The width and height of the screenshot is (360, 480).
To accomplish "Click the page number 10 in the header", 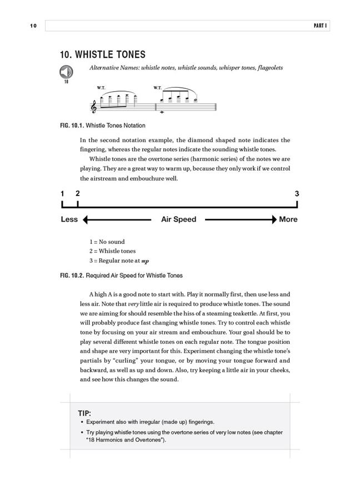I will tap(33, 26).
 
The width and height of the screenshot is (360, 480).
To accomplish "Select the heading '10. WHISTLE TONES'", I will tap(103, 54).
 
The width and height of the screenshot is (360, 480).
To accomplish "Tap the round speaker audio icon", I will tap(66, 72).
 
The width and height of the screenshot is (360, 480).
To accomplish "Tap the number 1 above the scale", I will tap(62, 194).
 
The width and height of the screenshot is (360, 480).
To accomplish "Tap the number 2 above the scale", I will tap(77, 194).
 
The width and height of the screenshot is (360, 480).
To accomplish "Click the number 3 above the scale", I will tap(297, 194).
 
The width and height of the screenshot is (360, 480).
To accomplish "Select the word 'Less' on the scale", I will tap(69, 219).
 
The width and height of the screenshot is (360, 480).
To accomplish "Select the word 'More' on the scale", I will tap(288, 219).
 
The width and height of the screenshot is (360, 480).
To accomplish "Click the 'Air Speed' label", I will tap(178, 219).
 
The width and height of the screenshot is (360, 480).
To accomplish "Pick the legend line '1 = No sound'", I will tap(107, 242).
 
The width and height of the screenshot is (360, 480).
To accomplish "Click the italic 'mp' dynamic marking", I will tap(146, 261).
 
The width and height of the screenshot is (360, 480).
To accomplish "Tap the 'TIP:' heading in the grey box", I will tap(84, 413).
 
